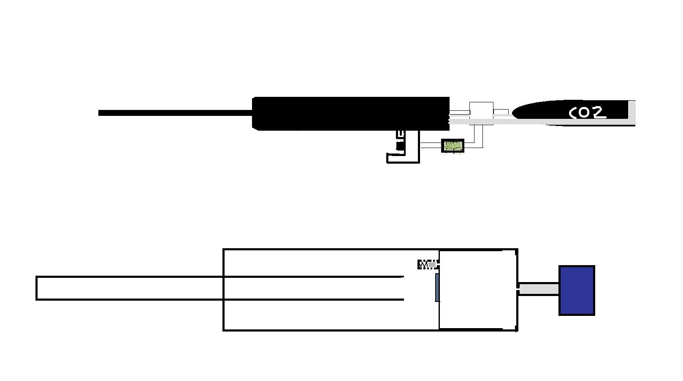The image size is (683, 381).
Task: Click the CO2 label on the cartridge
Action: pos(588,113)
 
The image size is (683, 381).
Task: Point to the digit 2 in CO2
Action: pos(600,112)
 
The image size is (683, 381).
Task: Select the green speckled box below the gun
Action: pos(453,146)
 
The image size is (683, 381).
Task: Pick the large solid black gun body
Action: pos(350,113)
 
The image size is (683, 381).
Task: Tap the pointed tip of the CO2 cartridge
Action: pos(516,112)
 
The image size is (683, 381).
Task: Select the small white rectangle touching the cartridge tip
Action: pos(501,112)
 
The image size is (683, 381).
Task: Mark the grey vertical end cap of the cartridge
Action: pos(632,112)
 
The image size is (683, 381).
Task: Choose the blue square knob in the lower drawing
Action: pos(577,291)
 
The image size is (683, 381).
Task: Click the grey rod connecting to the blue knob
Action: pos(539,289)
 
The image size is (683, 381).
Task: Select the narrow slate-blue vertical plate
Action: pos(437,288)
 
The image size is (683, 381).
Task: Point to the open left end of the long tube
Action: pos(37,288)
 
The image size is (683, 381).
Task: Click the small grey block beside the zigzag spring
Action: pos(432,265)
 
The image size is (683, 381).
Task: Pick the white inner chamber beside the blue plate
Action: pos(477,290)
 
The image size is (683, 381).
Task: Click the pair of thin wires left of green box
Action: pos(431,145)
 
